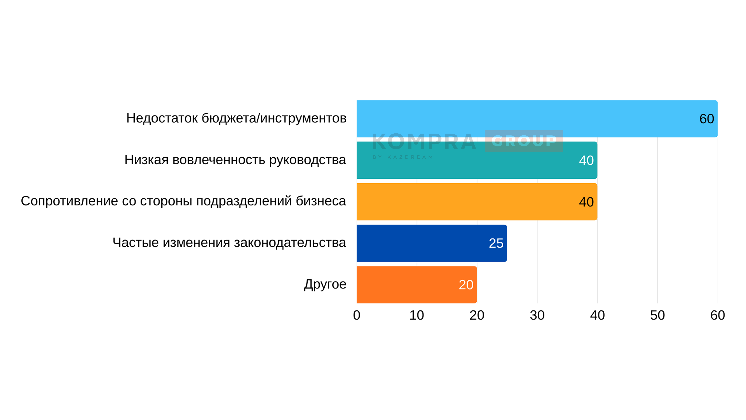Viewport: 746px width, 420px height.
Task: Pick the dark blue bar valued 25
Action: [431, 243]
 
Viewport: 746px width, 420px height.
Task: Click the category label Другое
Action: [325, 284]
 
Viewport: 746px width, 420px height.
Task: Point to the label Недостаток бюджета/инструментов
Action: [236, 118]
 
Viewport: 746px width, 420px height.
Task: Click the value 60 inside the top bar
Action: [707, 119]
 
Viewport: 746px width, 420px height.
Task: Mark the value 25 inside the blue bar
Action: [496, 243]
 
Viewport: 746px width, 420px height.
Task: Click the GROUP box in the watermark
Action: [524, 141]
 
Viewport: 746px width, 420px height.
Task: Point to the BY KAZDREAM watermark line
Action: [403, 157]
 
